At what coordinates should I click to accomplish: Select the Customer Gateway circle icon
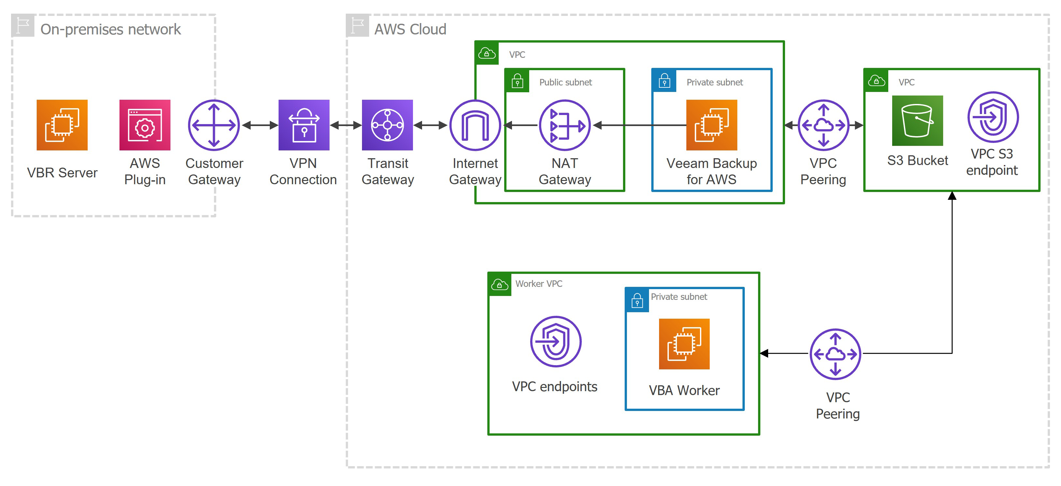click(x=214, y=125)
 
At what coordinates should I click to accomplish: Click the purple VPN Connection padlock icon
click(x=304, y=125)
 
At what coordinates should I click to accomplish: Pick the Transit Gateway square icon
click(x=387, y=125)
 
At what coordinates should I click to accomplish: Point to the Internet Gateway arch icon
click(x=475, y=125)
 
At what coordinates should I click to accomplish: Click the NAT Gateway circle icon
click(x=565, y=125)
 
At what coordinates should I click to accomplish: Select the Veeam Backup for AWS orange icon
click(x=711, y=125)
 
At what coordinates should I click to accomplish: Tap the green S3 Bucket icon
click(x=917, y=121)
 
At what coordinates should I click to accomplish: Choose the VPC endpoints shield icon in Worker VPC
click(x=555, y=341)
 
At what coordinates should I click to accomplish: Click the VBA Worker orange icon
click(x=684, y=344)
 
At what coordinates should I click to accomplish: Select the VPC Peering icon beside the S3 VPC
click(x=823, y=125)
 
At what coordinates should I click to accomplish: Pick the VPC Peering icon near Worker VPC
click(x=835, y=354)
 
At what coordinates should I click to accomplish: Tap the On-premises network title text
click(x=110, y=29)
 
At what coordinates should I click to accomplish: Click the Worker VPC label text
click(x=538, y=284)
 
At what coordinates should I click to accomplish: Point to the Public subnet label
click(x=565, y=82)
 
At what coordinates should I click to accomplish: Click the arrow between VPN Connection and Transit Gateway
click(x=345, y=125)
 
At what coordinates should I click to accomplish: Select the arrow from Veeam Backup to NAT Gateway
click(x=638, y=125)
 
